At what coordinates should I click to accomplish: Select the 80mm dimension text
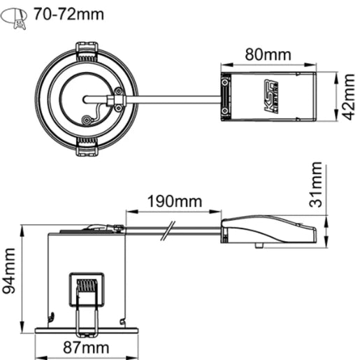[x=268, y=55]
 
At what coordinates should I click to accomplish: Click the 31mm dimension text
[x=316, y=185]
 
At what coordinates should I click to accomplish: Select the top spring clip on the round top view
[x=86, y=50]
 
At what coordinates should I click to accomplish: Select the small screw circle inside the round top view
[x=87, y=120]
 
